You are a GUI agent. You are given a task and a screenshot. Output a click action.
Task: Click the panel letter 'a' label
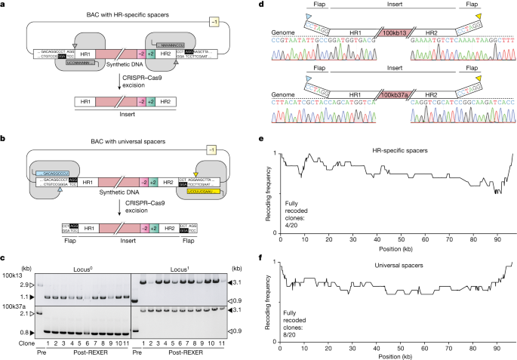pyautogui.click(x=4, y=5)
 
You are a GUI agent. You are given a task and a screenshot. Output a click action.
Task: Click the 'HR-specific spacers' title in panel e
pyautogui.click(x=396, y=151)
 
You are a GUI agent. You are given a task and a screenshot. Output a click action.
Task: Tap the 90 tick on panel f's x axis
pyautogui.click(x=497, y=334)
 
